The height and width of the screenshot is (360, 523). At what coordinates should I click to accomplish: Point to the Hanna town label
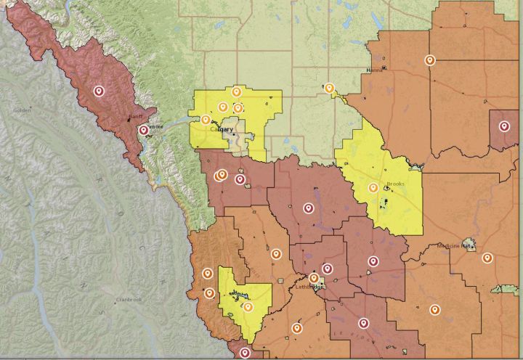tap(375, 70)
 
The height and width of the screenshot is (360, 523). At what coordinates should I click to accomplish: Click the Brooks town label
tap(395, 184)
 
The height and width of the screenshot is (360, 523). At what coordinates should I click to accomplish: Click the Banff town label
tap(135, 117)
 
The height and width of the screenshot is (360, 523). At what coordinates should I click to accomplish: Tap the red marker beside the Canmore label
tap(144, 130)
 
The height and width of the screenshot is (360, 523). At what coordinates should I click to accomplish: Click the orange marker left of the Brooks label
tap(373, 187)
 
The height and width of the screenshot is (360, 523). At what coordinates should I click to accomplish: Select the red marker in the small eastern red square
tap(504, 126)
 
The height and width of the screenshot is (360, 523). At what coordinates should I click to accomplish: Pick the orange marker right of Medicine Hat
tap(487, 258)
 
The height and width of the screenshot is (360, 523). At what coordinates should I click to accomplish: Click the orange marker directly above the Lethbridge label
tap(314, 277)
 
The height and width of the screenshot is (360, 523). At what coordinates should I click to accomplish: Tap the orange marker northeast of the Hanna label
tap(430, 60)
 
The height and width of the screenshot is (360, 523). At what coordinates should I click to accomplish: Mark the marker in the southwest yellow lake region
tap(248, 306)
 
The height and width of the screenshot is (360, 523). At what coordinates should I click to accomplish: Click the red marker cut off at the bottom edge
tap(246, 353)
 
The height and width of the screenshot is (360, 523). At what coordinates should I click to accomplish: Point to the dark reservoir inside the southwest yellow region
tap(237, 295)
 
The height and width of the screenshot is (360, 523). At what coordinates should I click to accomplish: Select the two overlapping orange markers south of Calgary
tap(222, 175)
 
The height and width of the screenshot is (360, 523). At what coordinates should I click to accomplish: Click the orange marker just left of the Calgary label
tap(206, 119)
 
